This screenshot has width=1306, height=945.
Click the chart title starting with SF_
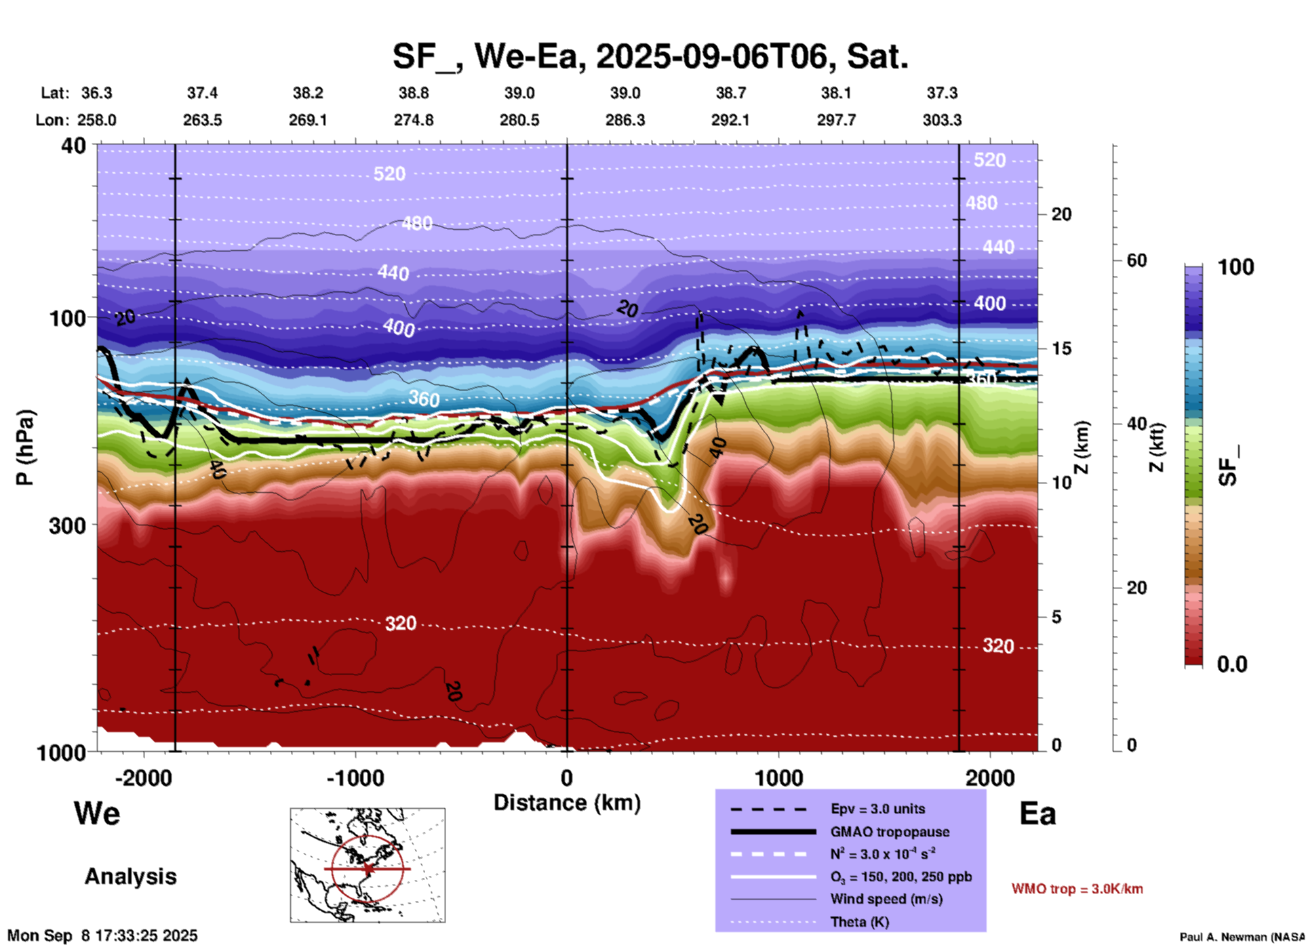pos(650,56)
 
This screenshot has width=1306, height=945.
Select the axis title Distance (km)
pos(567,803)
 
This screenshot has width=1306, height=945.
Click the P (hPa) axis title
pos(25,447)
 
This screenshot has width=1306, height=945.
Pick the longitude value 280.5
pos(519,120)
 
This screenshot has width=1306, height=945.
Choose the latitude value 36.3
pos(96,93)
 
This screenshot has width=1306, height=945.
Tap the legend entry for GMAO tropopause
pos(890,832)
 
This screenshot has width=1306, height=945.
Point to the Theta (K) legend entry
pos(859,922)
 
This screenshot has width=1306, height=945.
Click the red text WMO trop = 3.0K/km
pos(1077,889)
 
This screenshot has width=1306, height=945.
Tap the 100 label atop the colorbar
pos(1235,267)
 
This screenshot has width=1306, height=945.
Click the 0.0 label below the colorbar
pos(1232,664)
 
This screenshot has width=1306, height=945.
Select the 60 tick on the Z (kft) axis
pos(1136,260)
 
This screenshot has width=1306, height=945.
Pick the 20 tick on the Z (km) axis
pos(1061,214)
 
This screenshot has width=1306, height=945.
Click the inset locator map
pos(368,864)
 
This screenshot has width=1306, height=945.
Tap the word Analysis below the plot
pos(130,877)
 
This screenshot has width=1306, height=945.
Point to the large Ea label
pos(1037,813)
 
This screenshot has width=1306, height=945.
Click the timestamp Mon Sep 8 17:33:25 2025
pos(102,936)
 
